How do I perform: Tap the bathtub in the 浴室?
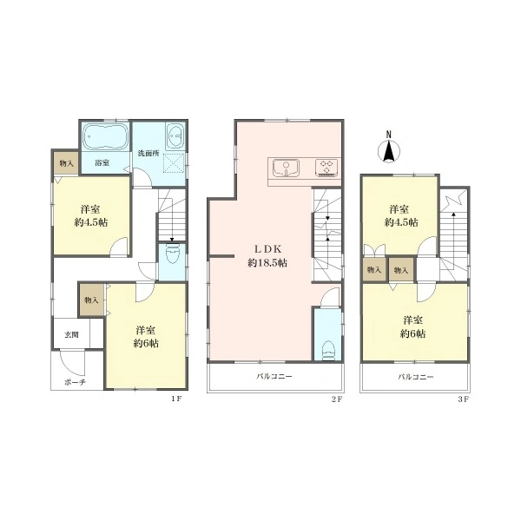tap(105, 137)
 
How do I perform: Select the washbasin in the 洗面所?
tap(175, 137)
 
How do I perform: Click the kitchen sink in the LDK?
tap(286, 168)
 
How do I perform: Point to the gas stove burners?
tap(327, 168)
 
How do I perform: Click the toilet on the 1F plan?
tap(172, 254)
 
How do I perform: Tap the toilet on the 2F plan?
tap(327, 350)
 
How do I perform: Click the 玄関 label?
tap(71, 334)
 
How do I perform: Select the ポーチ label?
tap(75, 382)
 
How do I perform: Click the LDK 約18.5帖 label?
tap(267, 255)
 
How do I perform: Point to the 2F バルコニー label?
tap(274, 377)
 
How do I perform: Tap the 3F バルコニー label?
tap(416, 377)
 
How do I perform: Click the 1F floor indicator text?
tap(176, 399)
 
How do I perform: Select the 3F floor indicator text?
tap(463, 399)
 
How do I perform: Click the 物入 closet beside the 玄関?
tap(91, 300)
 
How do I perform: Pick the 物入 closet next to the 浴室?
tap(66, 163)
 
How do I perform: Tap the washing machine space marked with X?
tap(175, 163)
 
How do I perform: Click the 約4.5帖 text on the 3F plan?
tap(401, 222)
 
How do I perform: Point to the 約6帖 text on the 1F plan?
tap(146, 343)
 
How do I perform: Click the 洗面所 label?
tap(148, 154)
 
